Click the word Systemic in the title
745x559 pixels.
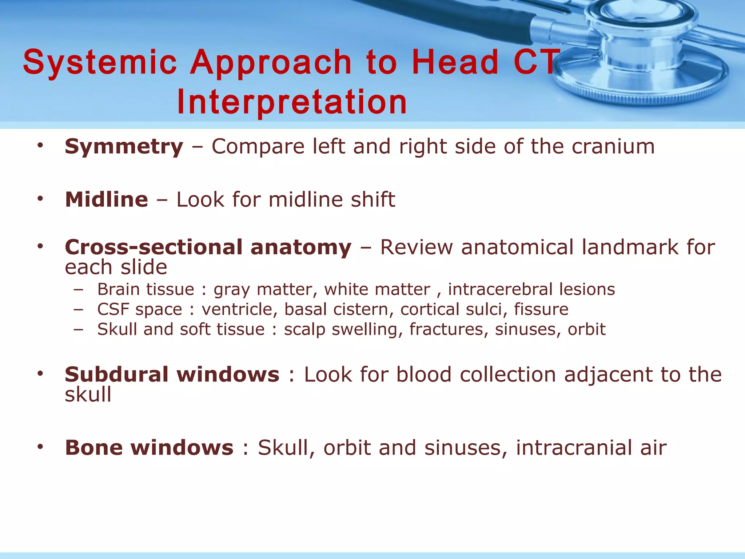pyautogui.click(x=100, y=63)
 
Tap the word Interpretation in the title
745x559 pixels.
pyautogui.click(x=292, y=102)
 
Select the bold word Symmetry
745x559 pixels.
pyautogui.click(x=124, y=147)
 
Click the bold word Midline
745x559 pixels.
pyautogui.click(x=106, y=200)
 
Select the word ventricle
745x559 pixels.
pyautogui.click(x=240, y=310)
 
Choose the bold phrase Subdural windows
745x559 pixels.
pyautogui.click(x=172, y=375)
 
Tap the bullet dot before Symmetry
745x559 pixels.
pyautogui.click(x=40, y=146)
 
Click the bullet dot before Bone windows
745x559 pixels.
pyautogui.click(x=40, y=447)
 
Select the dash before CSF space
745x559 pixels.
pyautogui.click(x=78, y=310)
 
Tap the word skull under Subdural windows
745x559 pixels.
pyautogui.click(x=88, y=395)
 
